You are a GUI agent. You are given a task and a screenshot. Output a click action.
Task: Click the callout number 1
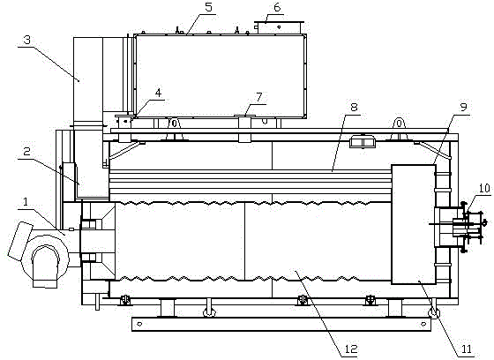pyautogui.click(x=26, y=202)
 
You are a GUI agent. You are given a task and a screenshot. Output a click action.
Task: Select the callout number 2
pyautogui.click(x=27, y=152)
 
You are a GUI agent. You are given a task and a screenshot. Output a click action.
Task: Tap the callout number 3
pyautogui.click(x=27, y=40)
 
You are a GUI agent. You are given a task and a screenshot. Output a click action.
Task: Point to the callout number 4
pyautogui.click(x=158, y=93)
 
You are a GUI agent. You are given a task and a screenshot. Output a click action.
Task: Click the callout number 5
pyautogui.click(x=209, y=7)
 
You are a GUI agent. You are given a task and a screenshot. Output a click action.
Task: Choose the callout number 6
pyautogui.click(x=277, y=7)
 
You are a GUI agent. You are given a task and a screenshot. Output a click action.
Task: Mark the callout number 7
pyautogui.click(x=259, y=97)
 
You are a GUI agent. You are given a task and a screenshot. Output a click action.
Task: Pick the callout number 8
pyautogui.click(x=354, y=107)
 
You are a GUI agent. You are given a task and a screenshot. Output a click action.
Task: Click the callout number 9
pyautogui.click(x=463, y=107)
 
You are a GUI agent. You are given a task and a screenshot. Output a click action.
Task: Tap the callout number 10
pyautogui.click(x=484, y=188)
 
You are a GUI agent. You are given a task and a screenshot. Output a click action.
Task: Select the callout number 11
pyautogui.click(x=467, y=349)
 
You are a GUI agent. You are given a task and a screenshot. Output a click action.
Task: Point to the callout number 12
pyautogui.click(x=351, y=349)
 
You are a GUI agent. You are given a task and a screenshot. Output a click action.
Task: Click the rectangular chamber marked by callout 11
pyautogui.click(x=414, y=224)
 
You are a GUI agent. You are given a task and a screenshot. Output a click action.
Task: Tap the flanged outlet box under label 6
pyautogui.click(x=279, y=27)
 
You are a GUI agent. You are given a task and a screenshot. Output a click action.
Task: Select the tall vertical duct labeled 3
pyautogui.click(x=88, y=83)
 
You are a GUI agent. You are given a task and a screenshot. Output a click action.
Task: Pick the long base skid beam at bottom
pyautogui.click(x=281, y=324)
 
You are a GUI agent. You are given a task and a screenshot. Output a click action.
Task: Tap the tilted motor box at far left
pyautogui.click(x=20, y=241)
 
